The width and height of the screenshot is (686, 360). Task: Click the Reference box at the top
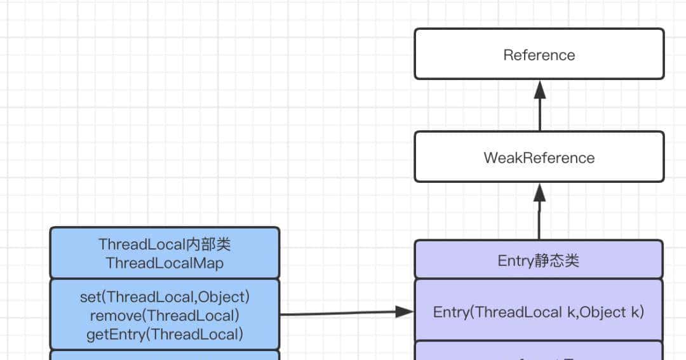coord(539,54)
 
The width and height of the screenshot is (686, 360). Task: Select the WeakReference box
coord(539,157)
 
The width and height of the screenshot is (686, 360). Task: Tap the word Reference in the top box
coord(539,55)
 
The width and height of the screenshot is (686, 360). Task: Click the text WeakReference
coord(539,158)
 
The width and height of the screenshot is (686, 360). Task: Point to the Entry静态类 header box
coord(539,259)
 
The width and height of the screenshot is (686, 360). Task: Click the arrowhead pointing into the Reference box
coord(540,90)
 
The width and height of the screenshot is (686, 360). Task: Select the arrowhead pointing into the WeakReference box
coord(540,192)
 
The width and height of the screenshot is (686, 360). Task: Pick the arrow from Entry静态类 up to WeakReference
coord(540,216)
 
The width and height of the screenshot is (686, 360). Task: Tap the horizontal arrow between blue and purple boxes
coord(343,313)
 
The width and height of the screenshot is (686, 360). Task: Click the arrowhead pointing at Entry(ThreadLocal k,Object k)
coord(404,311)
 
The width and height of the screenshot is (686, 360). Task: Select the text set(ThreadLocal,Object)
coord(164,297)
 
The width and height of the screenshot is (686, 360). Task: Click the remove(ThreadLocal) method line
coord(164,316)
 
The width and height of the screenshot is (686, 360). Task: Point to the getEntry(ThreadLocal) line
coord(164,334)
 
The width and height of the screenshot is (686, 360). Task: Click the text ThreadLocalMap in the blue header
coord(164,263)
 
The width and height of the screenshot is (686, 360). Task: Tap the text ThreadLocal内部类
coord(164,244)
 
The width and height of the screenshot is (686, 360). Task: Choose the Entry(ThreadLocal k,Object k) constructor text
coord(539,312)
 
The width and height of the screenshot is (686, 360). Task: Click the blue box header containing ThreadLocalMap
coord(164,253)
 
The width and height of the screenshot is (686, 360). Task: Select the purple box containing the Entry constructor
coord(539,310)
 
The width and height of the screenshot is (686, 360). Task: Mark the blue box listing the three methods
coord(164,314)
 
